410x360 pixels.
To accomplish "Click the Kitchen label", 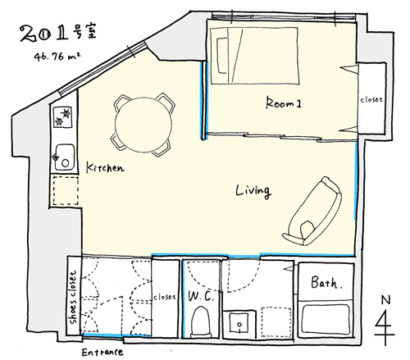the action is coord(105,167).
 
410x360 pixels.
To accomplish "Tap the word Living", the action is coord(253,191).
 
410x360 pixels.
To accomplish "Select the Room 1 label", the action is coord(284,103).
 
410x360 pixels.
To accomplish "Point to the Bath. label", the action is coord(326,282).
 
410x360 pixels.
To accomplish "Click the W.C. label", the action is coord(201,296).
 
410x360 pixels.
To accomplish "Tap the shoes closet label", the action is coord(73,298).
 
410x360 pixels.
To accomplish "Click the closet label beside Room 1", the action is coord(371,99).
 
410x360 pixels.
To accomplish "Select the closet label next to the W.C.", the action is coord(164,297).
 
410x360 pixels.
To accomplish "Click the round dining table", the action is coord(143,125).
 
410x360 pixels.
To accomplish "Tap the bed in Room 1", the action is coord(255,56).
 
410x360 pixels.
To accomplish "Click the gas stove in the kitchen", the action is coord(62,116).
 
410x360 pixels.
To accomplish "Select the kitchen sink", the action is coord(65,157).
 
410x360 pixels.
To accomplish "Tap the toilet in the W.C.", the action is coord(201,322).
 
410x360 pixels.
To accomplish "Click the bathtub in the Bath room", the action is coord(326,319).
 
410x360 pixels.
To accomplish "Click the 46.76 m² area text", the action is coord(57,57).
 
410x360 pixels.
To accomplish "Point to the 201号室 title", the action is coord(58,34).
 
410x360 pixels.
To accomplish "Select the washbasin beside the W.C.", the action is coord(239,325).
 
